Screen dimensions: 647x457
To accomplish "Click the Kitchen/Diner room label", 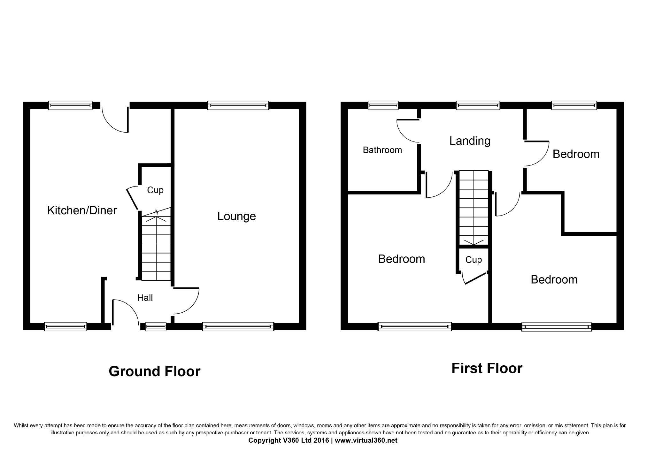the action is pos(82,210).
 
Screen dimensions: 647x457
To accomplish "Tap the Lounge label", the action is pos(236,217).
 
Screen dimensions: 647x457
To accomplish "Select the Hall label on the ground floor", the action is pos(145,298).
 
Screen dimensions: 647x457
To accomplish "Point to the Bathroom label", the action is pos(382,150).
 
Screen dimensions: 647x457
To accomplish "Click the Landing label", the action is pos(470,141).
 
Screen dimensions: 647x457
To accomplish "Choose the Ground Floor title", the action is pos(155,371).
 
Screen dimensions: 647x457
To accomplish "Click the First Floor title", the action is pos(487,368).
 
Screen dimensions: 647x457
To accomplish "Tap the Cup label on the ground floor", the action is pos(155,190).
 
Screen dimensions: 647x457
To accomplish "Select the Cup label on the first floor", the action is pos(474,260).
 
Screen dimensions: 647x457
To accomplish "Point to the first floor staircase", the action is pos(474,208).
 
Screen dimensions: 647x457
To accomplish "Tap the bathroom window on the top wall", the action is pos(383,105).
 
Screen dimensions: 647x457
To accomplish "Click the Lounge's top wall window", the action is pos(238,105).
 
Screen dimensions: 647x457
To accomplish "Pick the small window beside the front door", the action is pos(156,326).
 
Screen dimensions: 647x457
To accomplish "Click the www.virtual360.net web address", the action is pos(366,440).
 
